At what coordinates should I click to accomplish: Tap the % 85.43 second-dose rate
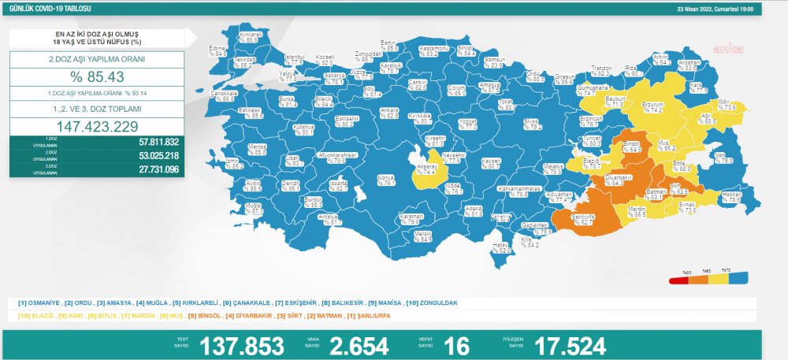(x=97, y=76)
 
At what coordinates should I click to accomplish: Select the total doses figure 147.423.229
(x=97, y=126)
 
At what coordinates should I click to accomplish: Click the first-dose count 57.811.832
(x=158, y=142)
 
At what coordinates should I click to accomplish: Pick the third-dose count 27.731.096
(x=158, y=168)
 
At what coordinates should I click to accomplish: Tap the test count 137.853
(x=241, y=345)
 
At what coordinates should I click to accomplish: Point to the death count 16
(x=457, y=345)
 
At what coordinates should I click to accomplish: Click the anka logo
(x=723, y=49)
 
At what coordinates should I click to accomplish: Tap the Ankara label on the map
(x=388, y=112)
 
